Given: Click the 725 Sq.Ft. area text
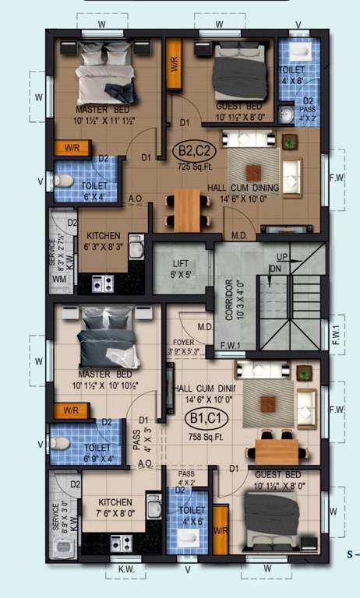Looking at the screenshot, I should coord(195,166).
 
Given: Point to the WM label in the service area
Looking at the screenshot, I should coord(58,277).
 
